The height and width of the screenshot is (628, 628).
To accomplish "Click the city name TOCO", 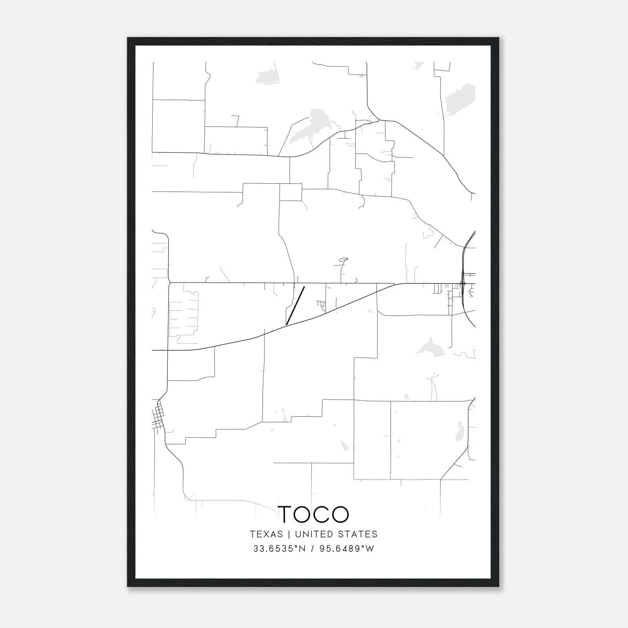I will [313, 514].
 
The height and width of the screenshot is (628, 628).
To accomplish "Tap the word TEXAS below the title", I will [267, 534].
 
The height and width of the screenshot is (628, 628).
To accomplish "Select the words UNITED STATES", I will [336, 534].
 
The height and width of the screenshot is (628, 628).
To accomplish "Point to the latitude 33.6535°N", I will [279, 549].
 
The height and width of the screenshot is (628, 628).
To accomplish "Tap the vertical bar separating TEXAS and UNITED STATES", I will [289, 534].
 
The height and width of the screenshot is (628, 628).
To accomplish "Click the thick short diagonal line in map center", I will [296, 306].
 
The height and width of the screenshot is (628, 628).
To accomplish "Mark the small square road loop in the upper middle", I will [290, 192].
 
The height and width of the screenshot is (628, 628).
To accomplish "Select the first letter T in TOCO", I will [285, 514].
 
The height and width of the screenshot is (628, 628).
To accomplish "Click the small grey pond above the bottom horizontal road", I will [344, 445].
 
